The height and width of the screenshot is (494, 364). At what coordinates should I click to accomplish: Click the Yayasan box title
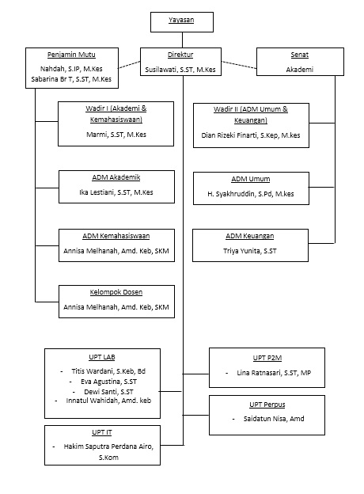(181, 20)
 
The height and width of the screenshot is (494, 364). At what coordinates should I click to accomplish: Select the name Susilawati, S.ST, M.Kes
(180, 70)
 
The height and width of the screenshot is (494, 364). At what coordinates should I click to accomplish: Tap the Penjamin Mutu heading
(71, 55)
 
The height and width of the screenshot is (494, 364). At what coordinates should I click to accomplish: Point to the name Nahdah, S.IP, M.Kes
(71, 69)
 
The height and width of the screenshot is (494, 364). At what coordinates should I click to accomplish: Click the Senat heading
(299, 55)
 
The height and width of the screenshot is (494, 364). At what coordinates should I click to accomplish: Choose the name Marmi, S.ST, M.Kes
(116, 135)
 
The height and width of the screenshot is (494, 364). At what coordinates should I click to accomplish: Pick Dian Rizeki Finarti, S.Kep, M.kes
(251, 135)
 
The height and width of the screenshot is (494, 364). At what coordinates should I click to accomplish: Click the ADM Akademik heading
(116, 177)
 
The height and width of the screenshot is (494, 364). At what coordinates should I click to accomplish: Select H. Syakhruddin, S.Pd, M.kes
(251, 194)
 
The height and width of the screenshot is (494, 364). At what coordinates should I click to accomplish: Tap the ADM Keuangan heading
(250, 236)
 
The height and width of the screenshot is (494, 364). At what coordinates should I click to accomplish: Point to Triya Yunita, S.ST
(250, 251)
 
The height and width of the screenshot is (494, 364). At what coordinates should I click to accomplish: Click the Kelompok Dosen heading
(116, 292)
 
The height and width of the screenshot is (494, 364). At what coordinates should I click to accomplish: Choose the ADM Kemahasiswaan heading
(116, 236)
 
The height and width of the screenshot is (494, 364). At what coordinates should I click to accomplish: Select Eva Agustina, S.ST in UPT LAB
(108, 382)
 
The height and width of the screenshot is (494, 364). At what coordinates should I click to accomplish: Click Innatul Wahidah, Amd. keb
(108, 401)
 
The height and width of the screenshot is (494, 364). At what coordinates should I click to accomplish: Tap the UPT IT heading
(102, 432)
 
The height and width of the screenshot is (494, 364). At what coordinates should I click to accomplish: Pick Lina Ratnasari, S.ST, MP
(274, 373)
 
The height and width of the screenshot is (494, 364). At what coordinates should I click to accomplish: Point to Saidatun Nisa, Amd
(274, 419)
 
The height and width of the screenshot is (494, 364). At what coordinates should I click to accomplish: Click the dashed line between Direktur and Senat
(239, 65)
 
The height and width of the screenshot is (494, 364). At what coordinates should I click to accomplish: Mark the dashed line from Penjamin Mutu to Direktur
(129, 65)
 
